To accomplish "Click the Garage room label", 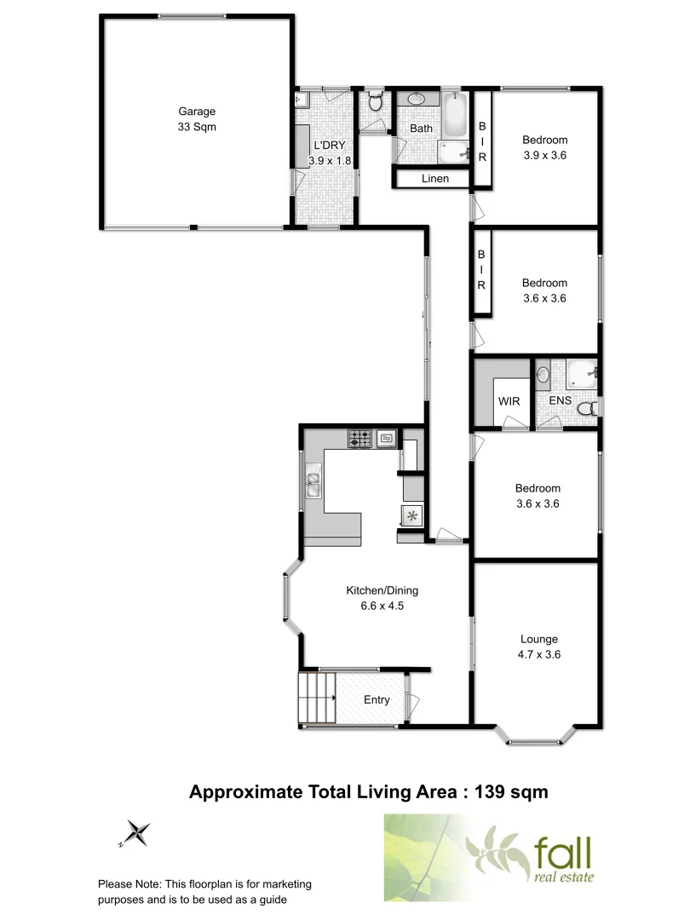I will coord(197,111).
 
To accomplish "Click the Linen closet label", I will coord(434,179).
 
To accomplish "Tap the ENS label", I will coord(560,400).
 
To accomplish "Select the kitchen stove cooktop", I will coord(359,440).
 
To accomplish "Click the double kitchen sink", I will coord(313,486).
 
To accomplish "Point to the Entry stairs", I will coord(315,699).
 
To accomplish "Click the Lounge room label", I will coord(539,639).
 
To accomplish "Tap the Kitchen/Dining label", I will coord(382,590).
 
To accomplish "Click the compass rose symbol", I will coord(136,831).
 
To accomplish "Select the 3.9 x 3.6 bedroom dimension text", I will coord(544,155).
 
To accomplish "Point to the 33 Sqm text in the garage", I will coord(197,127).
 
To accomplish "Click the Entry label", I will coord(377,700).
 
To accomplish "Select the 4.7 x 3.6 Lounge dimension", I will coord(539,655).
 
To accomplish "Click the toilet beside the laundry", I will coord(374,104).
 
